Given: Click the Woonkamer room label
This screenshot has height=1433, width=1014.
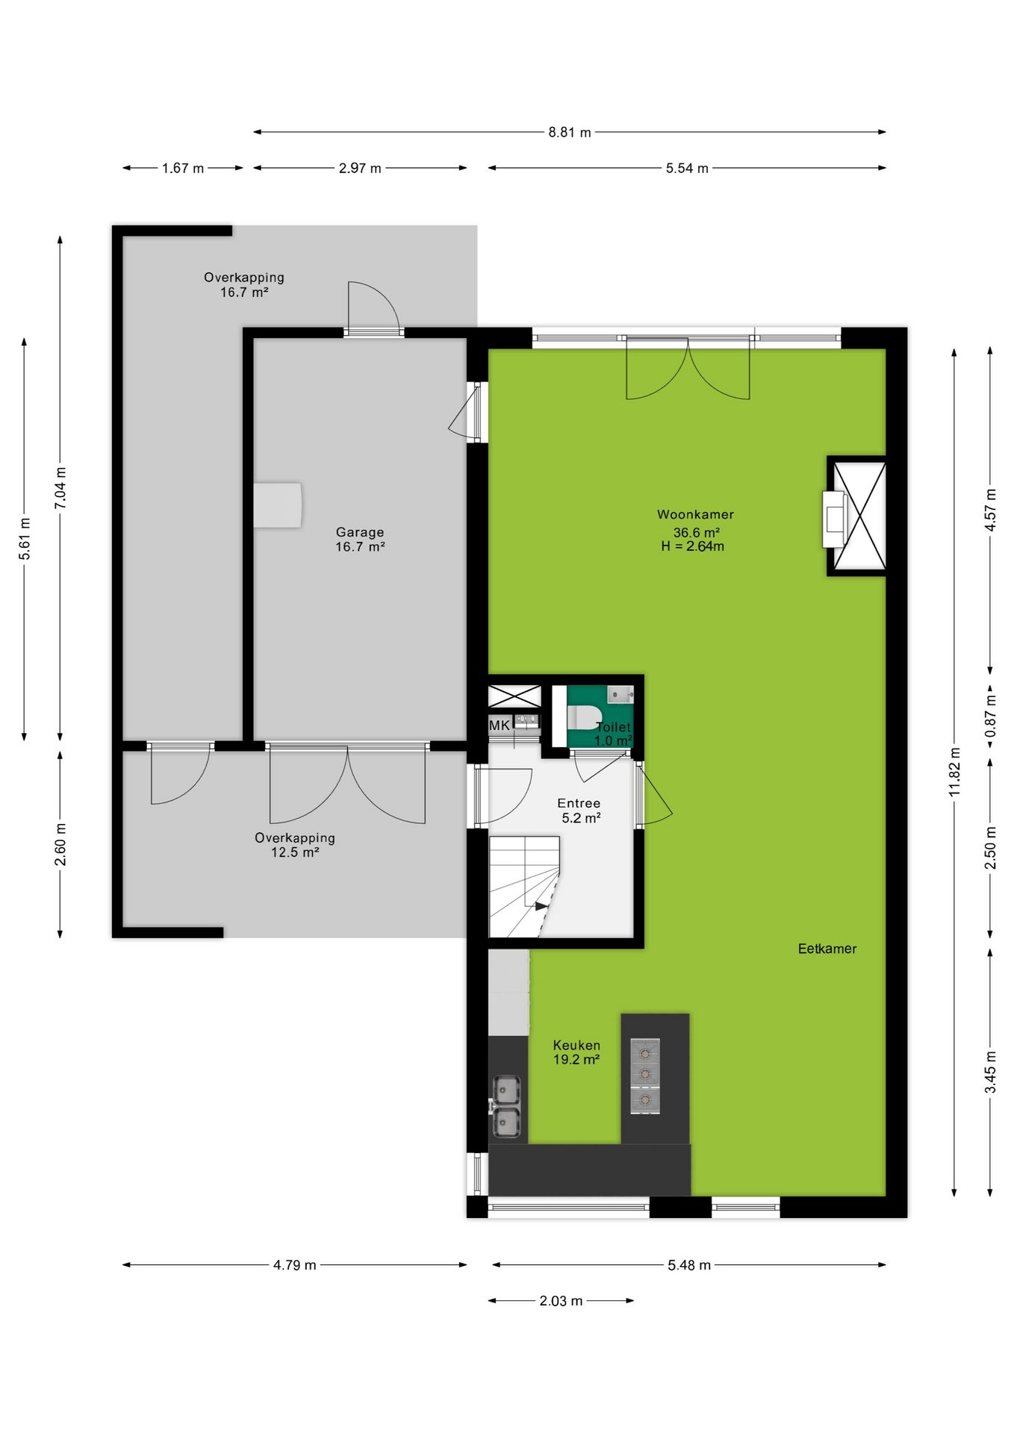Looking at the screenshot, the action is tap(695, 514).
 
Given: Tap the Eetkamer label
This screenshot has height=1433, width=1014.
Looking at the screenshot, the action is tap(827, 949).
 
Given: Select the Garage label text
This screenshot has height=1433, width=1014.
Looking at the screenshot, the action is tap(360, 532).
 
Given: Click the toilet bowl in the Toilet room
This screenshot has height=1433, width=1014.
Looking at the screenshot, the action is tap(585, 717).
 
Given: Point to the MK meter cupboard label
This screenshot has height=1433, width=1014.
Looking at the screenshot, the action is tap(500, 725).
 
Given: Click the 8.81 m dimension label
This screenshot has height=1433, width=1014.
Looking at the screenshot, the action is tap(570, 132).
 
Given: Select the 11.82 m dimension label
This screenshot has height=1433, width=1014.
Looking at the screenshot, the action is tap(954, 772).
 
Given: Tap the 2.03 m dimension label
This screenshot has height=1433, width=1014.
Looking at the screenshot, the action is tap(561, 1301).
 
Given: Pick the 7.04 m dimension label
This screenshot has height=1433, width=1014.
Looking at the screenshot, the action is tap(60, 488).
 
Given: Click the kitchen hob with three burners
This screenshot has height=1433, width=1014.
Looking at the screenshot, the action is tap(645, 1076).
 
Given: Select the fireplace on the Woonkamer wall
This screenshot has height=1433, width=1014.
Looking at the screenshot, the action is tap(835, 519).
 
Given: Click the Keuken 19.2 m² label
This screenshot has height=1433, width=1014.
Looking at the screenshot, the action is tap(576, 1052).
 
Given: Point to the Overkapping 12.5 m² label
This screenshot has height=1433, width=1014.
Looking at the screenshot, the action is tap(295, 845).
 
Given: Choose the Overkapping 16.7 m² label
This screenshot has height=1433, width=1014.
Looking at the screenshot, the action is tap(244, 284).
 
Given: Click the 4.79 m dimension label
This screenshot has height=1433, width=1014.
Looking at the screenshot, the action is tap(294, 1265).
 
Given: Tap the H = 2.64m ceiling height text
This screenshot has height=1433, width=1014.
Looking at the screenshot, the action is tap(692, 546).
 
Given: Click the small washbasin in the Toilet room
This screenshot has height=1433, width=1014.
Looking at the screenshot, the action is tap(620, 695).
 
